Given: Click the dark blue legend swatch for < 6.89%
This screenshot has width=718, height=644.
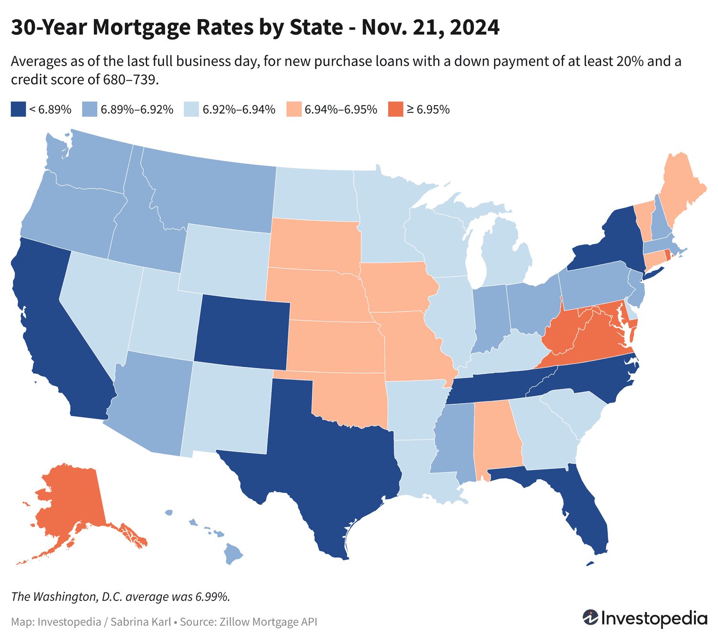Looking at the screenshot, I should point(18,109).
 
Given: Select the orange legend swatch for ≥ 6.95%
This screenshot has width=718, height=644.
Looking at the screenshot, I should point(395,109).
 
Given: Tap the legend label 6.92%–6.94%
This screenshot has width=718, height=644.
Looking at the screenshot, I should point(239,110).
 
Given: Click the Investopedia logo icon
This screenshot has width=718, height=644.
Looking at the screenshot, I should point(590,617).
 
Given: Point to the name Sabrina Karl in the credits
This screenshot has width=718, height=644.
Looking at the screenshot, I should point(141,622).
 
